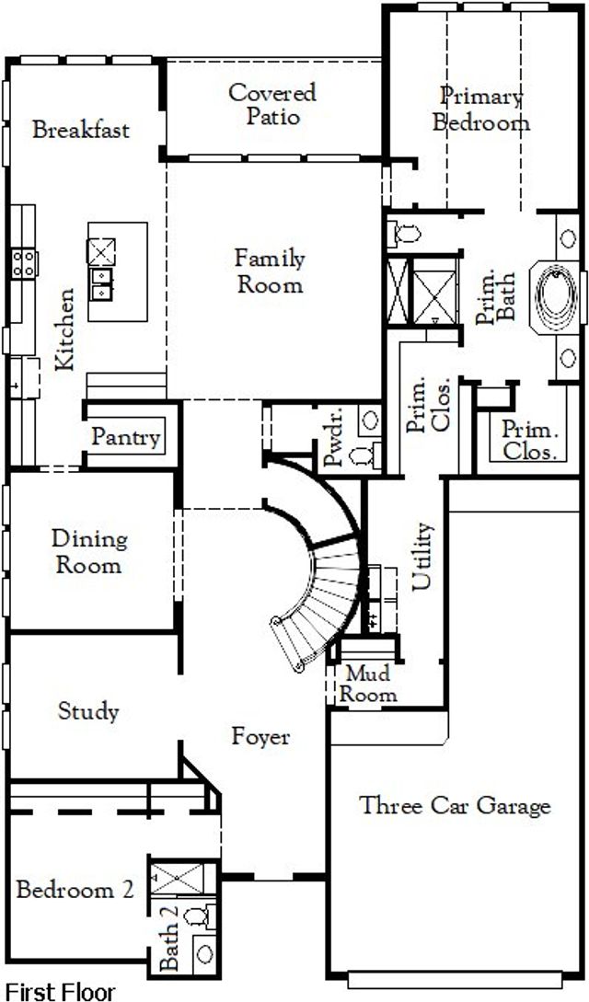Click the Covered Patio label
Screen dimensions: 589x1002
(272, 104)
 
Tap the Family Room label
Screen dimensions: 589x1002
(270, 271)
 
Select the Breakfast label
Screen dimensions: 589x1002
(81, 130)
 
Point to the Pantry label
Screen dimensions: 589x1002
(126, 438)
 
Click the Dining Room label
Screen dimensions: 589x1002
(88, 552)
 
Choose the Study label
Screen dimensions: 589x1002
(88, 712)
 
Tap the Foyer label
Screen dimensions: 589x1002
(260, 737)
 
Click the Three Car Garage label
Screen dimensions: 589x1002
(455, 805)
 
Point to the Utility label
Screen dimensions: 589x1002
(422, 557)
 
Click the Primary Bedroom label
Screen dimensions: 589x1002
(481, 109)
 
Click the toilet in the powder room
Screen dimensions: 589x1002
(364, 456)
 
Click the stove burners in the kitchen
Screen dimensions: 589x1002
(24, 263)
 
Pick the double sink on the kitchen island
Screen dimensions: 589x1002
(101, 284)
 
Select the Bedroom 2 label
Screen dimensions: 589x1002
(75, 890)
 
